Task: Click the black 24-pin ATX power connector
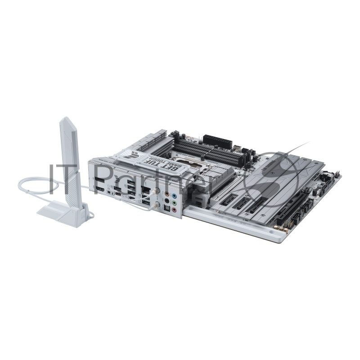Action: pos(217,140)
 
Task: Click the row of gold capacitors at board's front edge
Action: pos(282,229)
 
